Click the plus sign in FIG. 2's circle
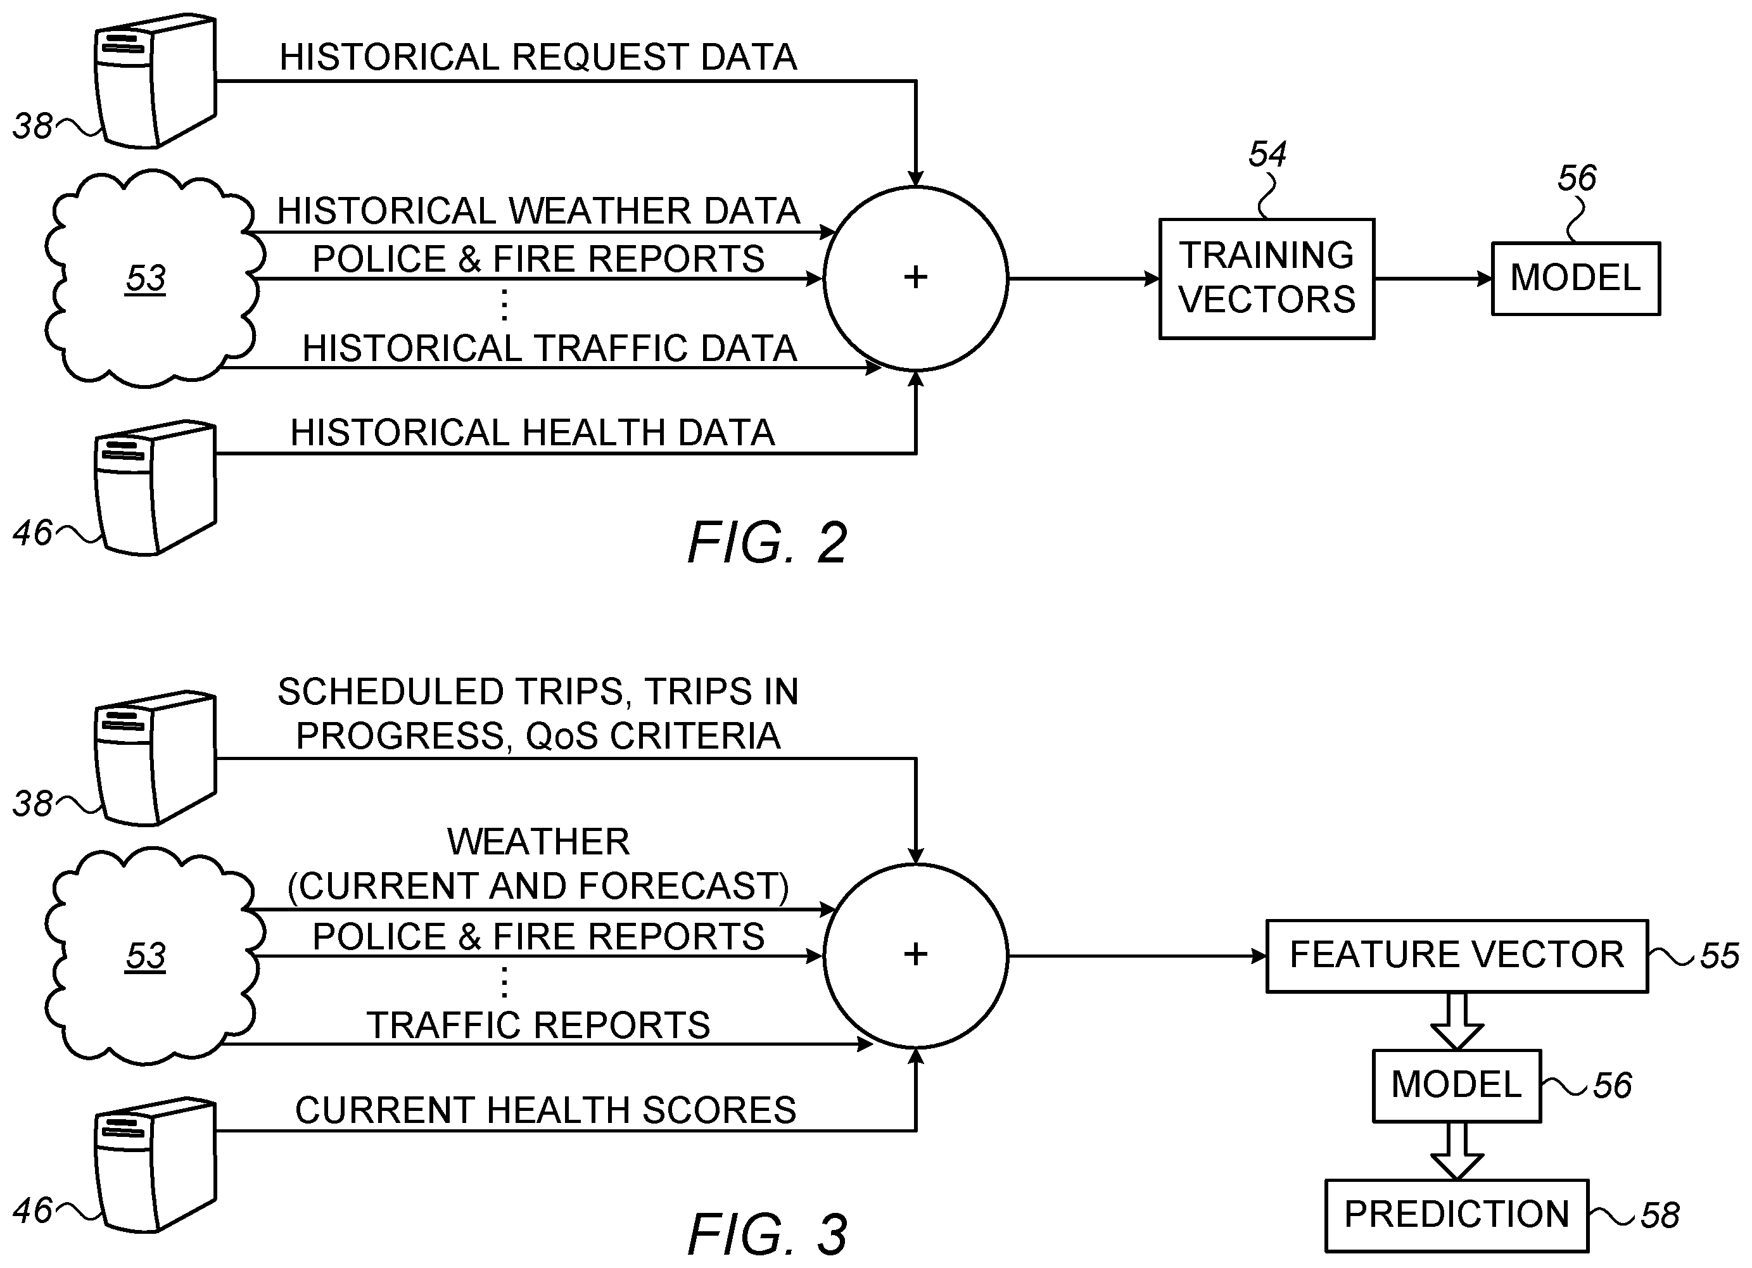915,277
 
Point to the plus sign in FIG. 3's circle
915,954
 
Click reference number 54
1267,155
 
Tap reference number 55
1720,956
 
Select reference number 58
1660,1216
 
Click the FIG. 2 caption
768,542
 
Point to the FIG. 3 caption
768,1234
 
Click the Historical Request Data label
538,57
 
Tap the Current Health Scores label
545,1110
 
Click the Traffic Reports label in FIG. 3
538,1025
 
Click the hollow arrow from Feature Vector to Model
1457,1022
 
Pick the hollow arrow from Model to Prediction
1457,1151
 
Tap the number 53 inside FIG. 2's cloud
146,279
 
